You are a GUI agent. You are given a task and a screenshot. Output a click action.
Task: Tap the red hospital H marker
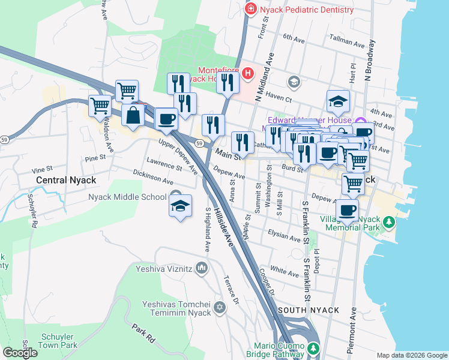pos(249,73)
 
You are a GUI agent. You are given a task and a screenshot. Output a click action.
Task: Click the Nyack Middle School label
pos(127,197)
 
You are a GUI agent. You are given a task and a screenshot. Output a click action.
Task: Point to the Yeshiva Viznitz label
pos(163,269)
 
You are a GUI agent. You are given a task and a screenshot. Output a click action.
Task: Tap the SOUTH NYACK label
pos(309,310)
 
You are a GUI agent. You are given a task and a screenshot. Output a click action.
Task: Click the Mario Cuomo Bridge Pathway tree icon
pos(312,349)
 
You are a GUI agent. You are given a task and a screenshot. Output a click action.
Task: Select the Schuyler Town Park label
pos(58,341)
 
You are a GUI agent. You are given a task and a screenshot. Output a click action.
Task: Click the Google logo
pos(20,353)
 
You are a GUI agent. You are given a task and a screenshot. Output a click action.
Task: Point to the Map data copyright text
pos(411,355)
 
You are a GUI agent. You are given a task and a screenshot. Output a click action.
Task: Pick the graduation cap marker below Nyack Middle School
pos(180,206)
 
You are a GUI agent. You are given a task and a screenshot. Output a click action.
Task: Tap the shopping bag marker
pos(132,115)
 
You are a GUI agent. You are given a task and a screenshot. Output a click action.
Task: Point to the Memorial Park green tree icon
pos(390,223)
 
